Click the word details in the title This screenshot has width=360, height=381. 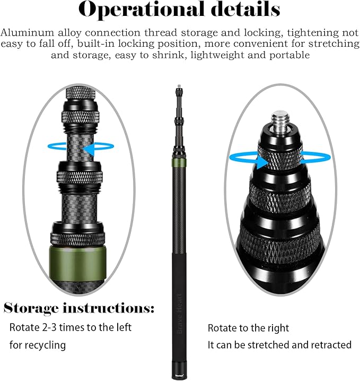[246, 9]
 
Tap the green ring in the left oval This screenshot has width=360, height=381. [78, 263]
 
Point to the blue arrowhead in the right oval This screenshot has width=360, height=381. [261, 162]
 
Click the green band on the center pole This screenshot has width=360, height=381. [179, 163]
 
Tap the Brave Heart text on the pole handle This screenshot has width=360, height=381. [180, 314]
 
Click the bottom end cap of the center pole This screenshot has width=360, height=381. [179, 374]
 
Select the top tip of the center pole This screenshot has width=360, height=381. [179, 86]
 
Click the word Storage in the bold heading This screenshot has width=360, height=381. [31, 309]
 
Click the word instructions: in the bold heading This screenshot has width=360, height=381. [109, 308]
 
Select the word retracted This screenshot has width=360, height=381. [331, 345]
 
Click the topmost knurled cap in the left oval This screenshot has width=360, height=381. [81, 93]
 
